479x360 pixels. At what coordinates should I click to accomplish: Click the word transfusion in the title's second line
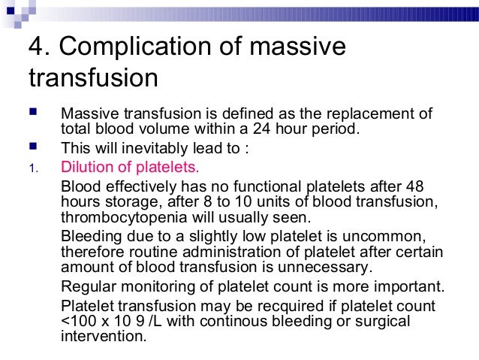coord(93,78)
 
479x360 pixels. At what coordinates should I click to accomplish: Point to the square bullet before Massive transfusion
coord(32,114)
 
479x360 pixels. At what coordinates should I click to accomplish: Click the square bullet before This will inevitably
coord(32,147)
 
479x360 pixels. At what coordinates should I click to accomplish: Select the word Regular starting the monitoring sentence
coord(86,286)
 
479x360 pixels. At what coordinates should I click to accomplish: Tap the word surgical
coord(383,322)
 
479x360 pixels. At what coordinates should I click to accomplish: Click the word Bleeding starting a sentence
coord(88,237)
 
